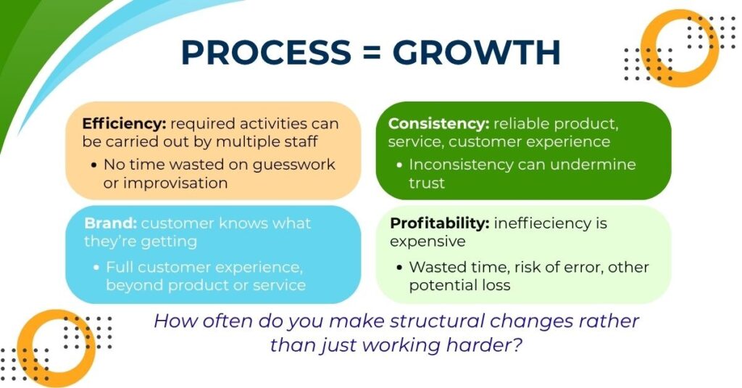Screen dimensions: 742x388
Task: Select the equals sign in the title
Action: point(372,52)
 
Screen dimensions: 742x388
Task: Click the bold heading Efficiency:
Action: point(124,123)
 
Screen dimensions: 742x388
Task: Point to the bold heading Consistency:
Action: point(438,123)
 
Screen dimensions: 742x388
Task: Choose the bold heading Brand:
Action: point(110,223)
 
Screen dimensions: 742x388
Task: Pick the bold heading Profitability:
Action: point(440,223)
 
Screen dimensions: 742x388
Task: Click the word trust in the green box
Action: point(427,183)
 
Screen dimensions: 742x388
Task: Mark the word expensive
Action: point(428,242)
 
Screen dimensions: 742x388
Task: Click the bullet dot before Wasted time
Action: point(400,268)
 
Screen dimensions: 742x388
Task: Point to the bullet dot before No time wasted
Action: point(94,165)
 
